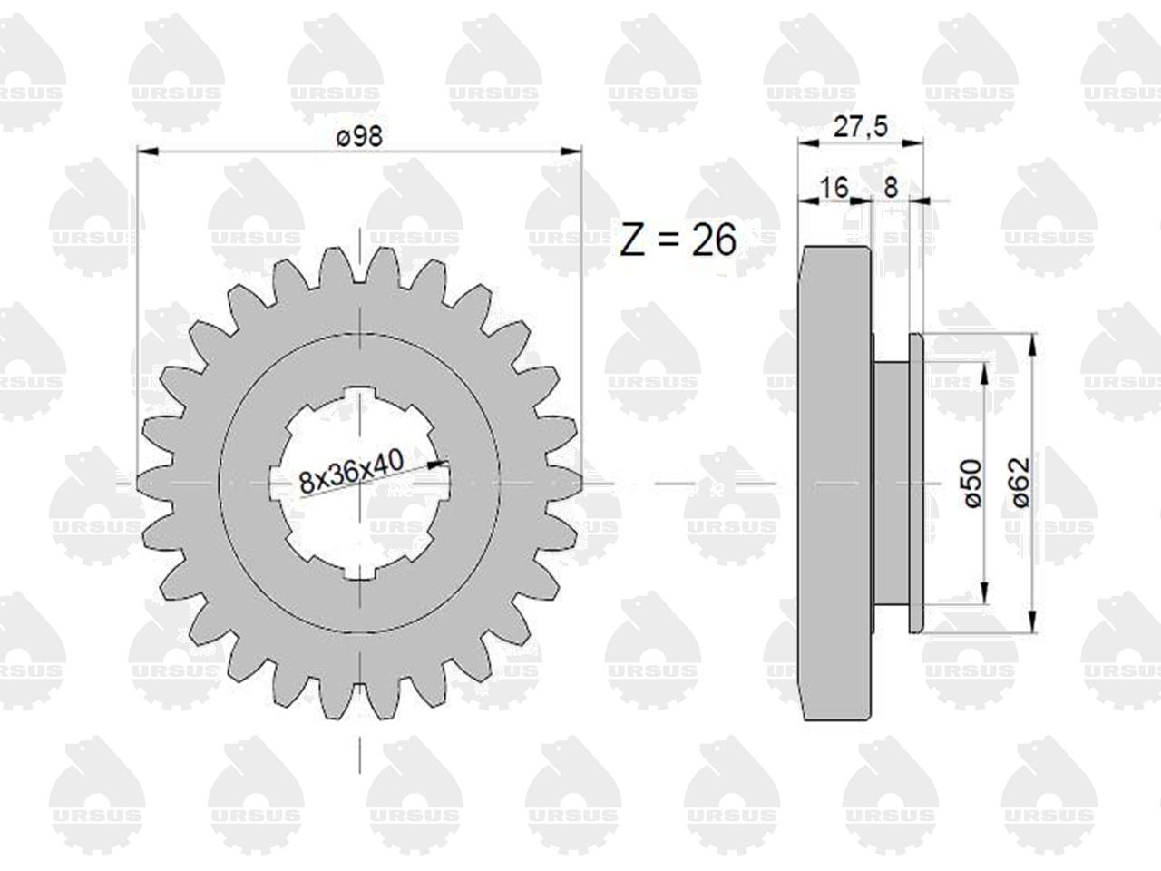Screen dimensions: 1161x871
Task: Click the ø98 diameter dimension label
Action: pyautogui.click(x=359, y=137)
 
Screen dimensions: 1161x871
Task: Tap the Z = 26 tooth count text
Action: pyautogui.click(x=678, y=240)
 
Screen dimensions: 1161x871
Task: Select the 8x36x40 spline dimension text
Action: pyautogui.click(x=351, y=472)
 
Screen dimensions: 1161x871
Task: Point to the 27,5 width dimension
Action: pyautogui.click(x=861, y=127)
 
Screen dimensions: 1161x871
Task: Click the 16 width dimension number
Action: pyautogui.click(x=834, y=187)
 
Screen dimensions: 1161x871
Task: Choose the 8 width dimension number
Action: pyautogui.click(x=891, y=187)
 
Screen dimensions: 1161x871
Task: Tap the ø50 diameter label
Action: pyautogui.click(x=972, y=484)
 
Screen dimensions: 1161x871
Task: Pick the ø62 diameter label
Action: pyautogui.click(x=1020, y=483)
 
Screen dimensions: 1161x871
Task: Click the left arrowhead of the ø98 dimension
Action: pyautogui.click(x=148, y=152)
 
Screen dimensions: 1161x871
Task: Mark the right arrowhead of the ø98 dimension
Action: pyautogui.click(x=571, y=152)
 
